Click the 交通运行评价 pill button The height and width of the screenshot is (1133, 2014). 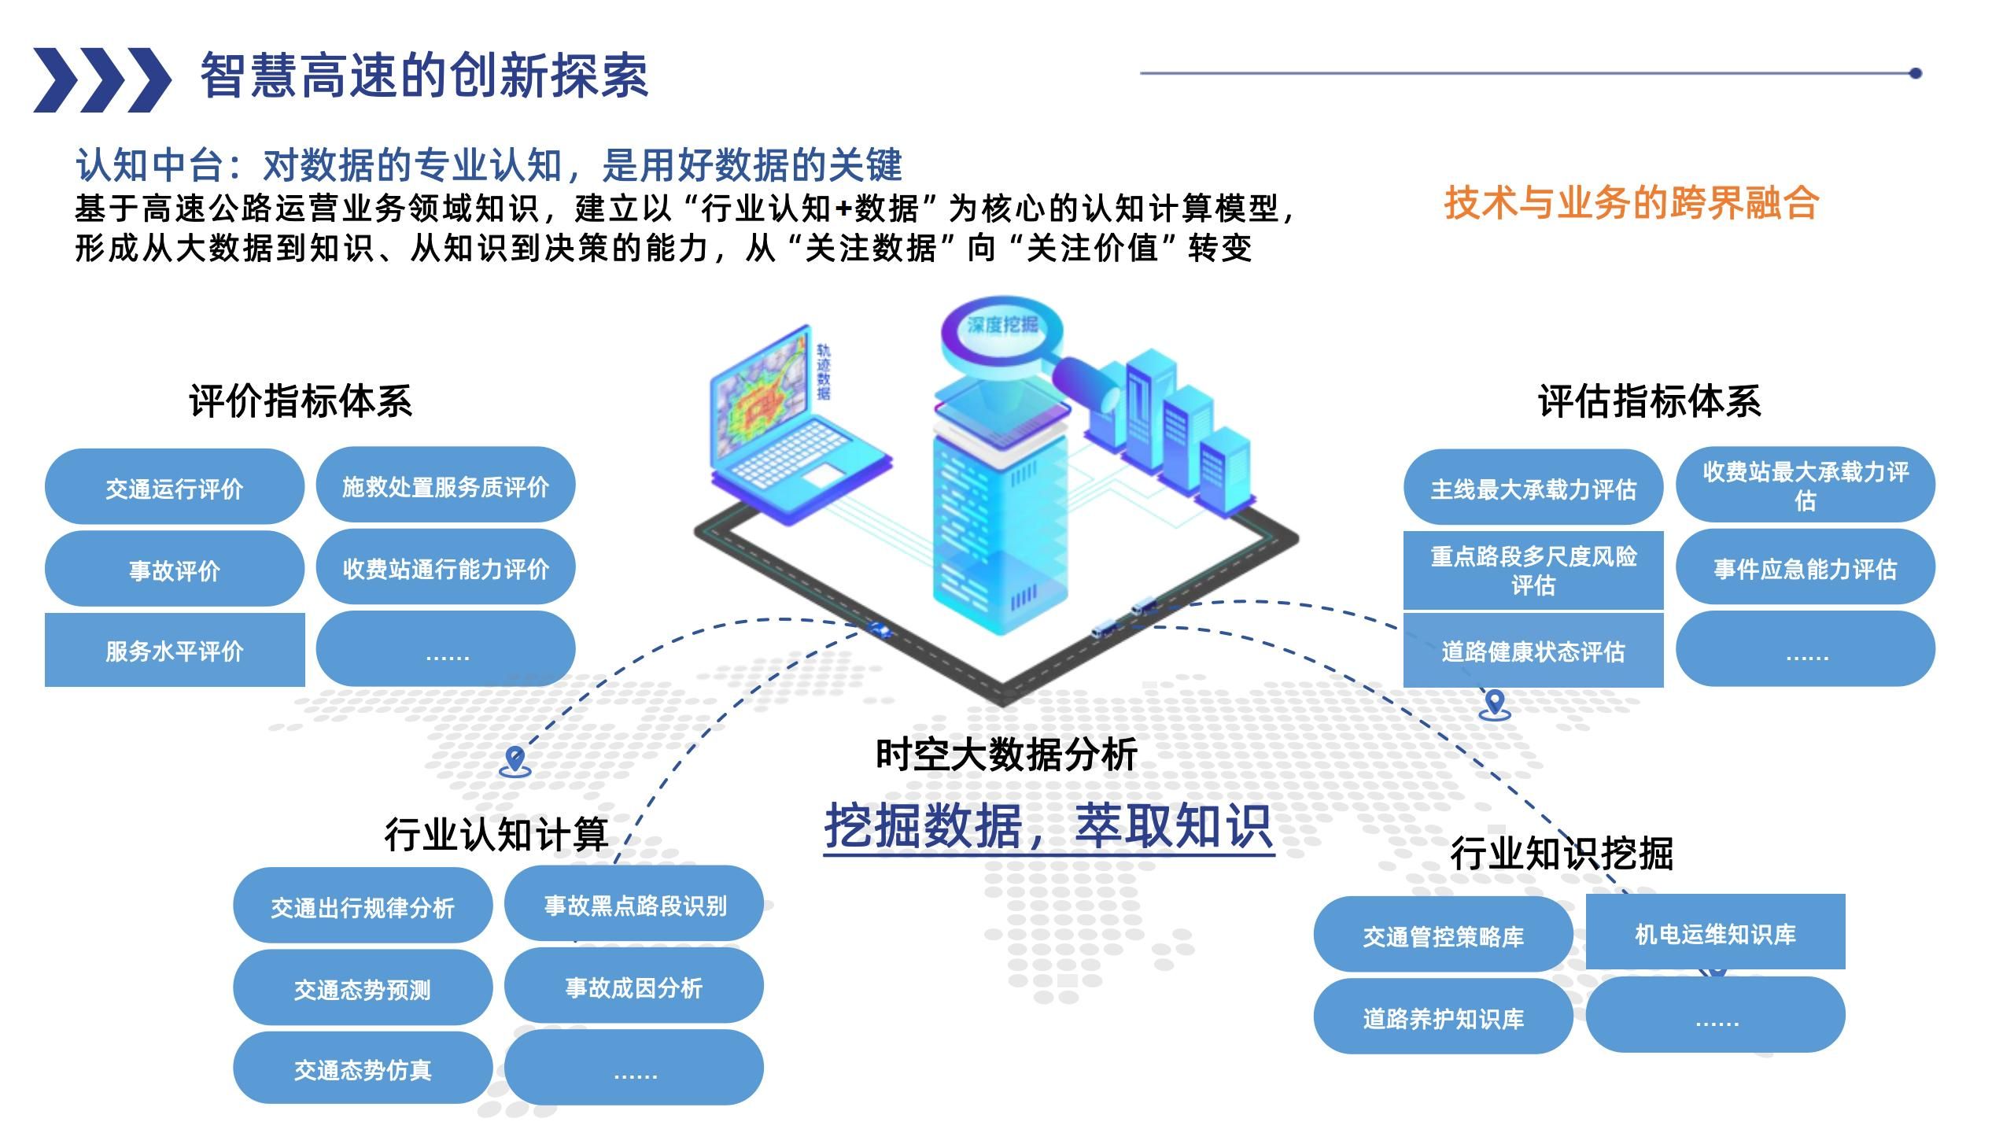pos(174,488)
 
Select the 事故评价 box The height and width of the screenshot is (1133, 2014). pos(174,569)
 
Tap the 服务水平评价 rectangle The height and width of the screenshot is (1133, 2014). pos(174,651)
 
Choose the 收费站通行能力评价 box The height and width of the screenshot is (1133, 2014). pos(445,568)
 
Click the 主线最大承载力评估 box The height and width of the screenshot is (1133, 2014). pos(1533,489)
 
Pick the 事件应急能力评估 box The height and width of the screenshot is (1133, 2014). pos(1805,568)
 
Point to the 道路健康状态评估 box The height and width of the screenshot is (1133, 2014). pos(1533,651)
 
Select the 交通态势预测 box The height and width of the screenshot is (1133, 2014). pos(362,988)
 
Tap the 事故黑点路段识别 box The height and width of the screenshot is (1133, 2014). pos(634,905)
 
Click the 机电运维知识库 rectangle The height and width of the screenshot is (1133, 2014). pos(1715,933)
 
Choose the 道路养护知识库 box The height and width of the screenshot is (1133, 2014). pos(1443,1018)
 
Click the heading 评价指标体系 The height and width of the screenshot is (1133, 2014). pos(301,401)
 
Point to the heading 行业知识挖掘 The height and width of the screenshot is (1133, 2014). pos(1561,853)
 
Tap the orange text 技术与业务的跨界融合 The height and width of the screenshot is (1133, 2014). pos(1631,203)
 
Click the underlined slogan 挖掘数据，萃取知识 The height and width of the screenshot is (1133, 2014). pos(1048,826)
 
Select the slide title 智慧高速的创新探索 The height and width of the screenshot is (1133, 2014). pos(424,77)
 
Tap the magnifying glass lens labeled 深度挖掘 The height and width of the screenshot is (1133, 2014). pos(1001,327)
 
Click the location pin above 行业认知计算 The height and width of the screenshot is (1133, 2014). pos(515,760)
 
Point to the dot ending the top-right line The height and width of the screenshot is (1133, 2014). pos(1915,73)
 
